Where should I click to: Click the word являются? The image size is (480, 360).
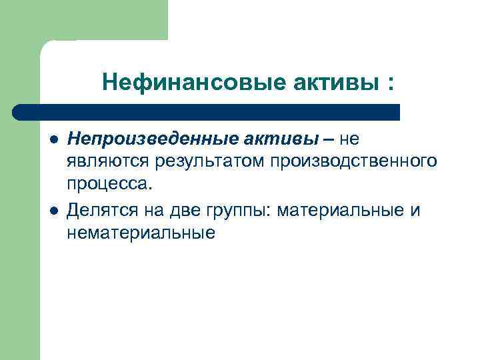coord(109,161)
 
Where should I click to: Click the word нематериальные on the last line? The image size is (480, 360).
coord(141,233)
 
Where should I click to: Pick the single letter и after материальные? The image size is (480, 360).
coord(415,211)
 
